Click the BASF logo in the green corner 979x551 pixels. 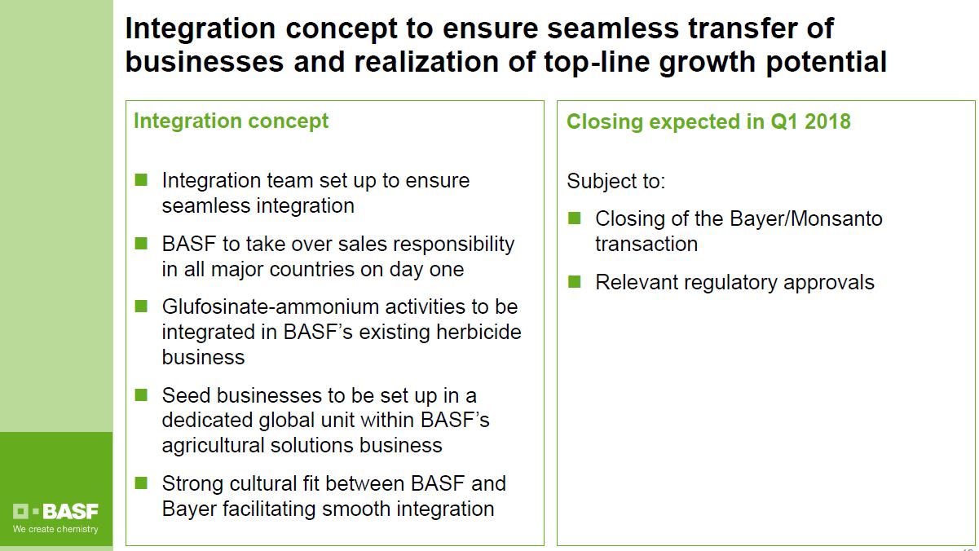point(55,511)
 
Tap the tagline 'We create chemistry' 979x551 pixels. point(55,529)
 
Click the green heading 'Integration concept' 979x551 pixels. point(231,121)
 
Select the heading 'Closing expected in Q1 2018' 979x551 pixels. point(708,121)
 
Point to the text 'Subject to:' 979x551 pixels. point(615,181)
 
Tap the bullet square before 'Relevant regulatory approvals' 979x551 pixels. point(575,281)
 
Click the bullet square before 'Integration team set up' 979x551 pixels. point(141,179)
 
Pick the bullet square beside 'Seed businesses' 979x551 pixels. point(141,395)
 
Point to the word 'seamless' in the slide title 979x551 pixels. point(613,29)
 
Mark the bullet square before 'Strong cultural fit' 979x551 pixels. point(141,483)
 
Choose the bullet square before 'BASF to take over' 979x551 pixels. point(141,244)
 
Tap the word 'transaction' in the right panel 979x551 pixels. point(646,244)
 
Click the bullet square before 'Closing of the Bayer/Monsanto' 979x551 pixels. point(575,218)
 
